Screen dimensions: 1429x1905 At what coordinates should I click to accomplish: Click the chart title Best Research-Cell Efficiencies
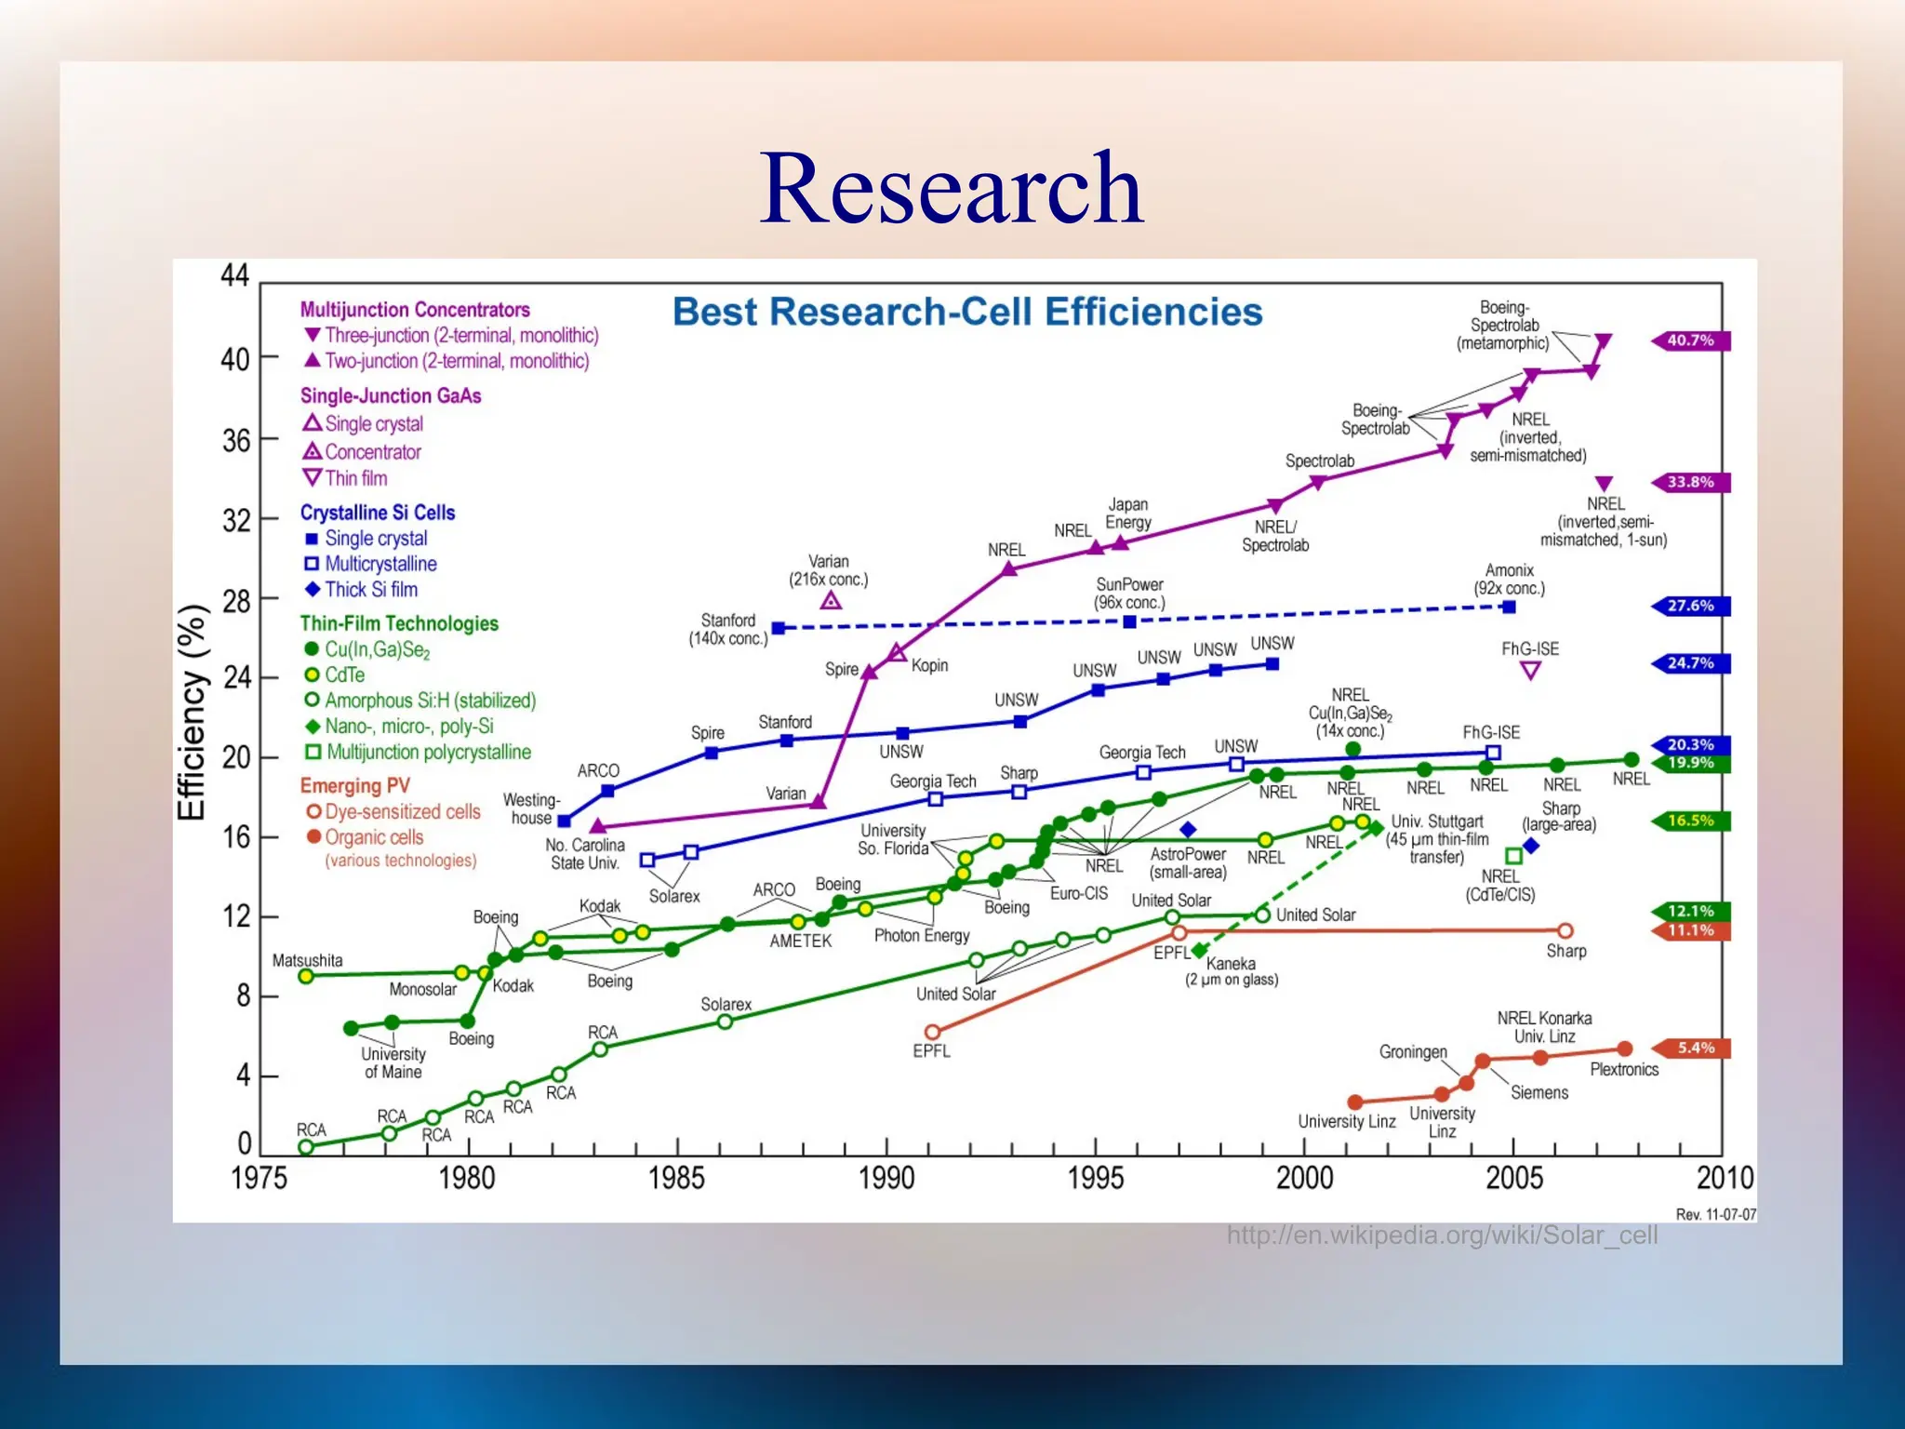tap(967, 312)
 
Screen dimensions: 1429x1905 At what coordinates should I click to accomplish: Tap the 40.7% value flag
tap(1690, 341)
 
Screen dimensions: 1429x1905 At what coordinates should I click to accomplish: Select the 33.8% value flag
tap(1690, 482)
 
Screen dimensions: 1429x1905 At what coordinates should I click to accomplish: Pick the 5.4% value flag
tap(1695, 1048)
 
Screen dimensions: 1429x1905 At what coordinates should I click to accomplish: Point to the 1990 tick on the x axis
tap(886, 1178)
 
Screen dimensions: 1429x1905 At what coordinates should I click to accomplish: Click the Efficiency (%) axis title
tap(192, 713)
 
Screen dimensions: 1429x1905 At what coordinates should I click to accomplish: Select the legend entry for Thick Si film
tap(369, 590)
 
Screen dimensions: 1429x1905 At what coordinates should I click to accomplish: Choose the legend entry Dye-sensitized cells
tap(402, 811)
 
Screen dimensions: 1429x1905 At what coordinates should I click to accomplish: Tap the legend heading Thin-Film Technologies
tap(399, 623)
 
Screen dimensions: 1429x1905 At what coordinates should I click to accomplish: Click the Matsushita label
tap(307, 960)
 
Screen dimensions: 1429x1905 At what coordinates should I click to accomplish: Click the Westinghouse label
tap(531, 808)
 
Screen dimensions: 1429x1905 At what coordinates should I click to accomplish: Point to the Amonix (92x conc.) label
tap(1509, 579)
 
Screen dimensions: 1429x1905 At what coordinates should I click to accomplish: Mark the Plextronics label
tap(1624, 1070)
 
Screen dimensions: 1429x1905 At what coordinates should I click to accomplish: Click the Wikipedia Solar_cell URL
tap(1442, 1235)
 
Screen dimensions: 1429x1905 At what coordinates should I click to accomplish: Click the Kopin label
tap(929, 665)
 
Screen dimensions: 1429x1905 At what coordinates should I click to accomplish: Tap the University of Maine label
tap(393, 1062)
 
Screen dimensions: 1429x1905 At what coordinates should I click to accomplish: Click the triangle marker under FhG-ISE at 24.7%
tap(1530, 671)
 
